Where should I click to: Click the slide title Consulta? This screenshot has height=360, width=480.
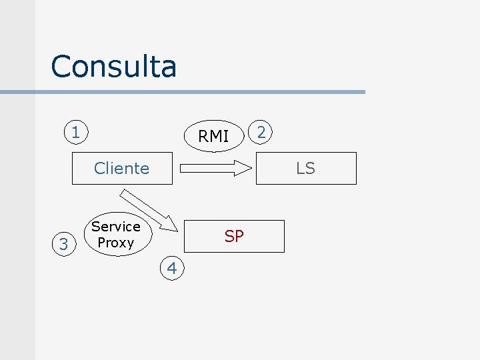click(x=113, y=67)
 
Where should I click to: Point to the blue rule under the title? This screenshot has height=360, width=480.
click(x=200, y=92)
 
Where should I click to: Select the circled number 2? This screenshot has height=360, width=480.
click(x=261, y=132)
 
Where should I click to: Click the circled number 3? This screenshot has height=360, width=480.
click(x=63, y=245)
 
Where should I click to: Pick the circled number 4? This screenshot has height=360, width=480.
click(x=172, y=269)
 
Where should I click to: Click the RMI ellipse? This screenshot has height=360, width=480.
click(x=213, y=137)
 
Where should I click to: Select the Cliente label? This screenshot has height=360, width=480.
click(x=121, y=168)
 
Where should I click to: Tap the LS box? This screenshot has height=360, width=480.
click(x=306, y=168)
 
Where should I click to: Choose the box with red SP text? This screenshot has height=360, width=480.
click(x=234, y=236)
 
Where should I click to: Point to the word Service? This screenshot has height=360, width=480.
click(x=116, y=227)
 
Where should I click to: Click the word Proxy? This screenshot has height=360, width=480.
click(x=116, y=243)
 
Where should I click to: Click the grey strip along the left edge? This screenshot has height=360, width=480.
click(x=17, y=200)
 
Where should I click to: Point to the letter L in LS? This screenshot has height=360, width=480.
click(x=300, y=168)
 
